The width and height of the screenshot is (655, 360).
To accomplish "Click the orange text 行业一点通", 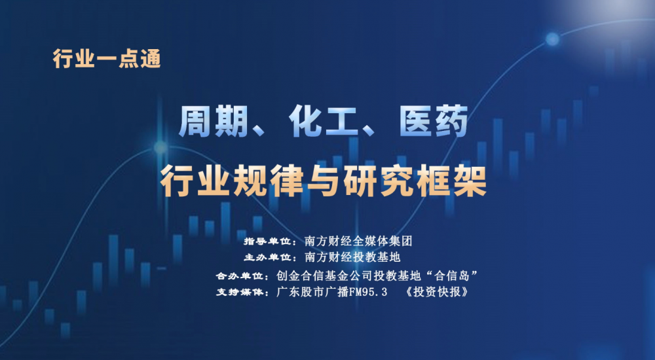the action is [x=107, y=59].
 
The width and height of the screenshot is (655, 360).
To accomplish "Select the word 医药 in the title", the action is [x=434, y=122].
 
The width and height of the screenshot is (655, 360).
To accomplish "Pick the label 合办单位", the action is [x=239, y=276].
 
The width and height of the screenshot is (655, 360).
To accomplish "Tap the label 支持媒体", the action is [x=239, y=292].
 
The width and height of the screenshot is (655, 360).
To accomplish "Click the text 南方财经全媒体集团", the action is [x=358, y=241].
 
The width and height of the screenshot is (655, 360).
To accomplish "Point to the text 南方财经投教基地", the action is [x=352, y=257].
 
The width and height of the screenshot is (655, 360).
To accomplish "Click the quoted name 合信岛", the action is [x=456, y=276].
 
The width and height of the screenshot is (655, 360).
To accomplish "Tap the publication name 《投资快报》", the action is [x=437, y=291].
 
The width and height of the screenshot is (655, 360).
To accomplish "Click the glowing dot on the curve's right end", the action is [x=552, y=39].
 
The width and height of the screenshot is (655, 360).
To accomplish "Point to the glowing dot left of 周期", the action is [x=160, y=147].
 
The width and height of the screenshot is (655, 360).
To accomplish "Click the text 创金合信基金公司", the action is [x=325, y=276].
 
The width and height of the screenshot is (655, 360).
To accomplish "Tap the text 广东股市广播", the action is [x=312, y=291].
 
